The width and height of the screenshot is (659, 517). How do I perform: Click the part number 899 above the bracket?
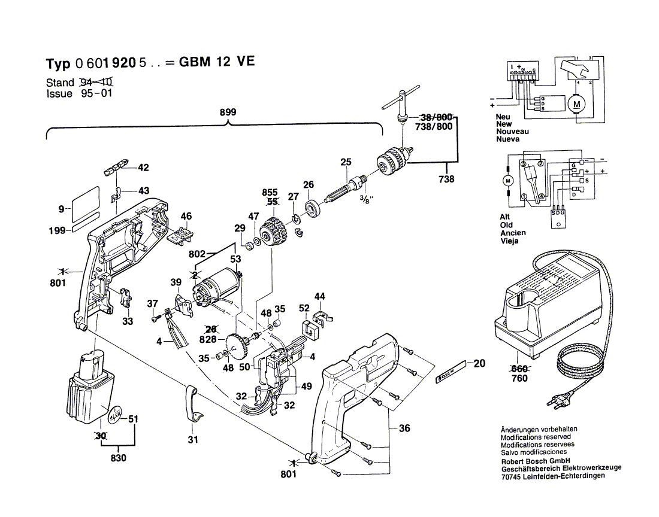click(x=228, y=112)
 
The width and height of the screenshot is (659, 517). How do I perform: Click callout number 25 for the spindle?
click(x=346, y=162)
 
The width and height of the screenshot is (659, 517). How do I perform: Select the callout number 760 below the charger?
click(x=520, y=379)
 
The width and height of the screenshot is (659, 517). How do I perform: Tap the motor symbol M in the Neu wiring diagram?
click(x=578, y=104)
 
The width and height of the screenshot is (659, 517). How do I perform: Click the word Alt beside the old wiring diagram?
click(x=505, y=217)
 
